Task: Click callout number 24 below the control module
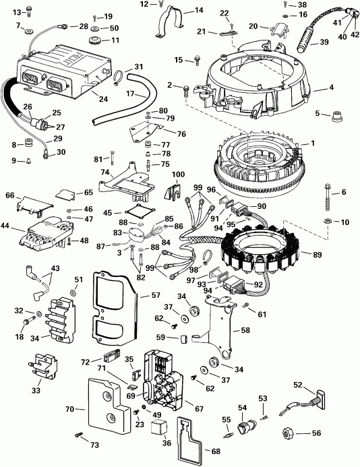[102, 100]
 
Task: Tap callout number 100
[178, 175]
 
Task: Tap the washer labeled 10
[328, 222]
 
